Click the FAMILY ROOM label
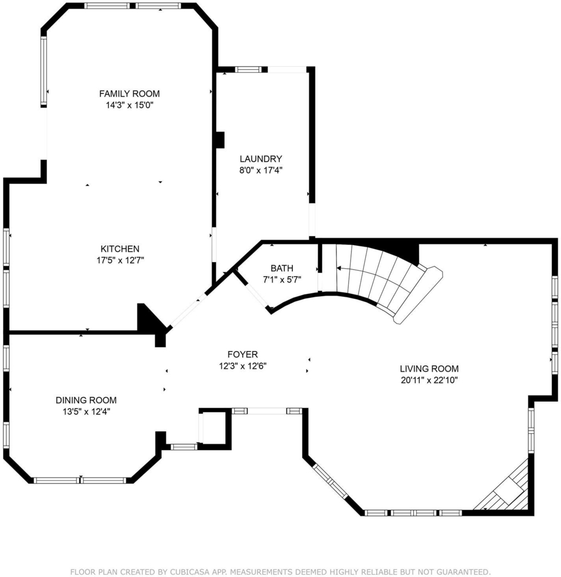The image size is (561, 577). click(130, 94)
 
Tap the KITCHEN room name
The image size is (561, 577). click(120, 248)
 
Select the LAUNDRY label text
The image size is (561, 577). click(261, 158)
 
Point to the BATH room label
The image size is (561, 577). click(282, 268)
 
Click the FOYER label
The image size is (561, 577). click(242, 354)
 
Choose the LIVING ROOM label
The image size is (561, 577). click(429, 369)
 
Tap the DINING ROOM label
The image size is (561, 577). click(86, 400)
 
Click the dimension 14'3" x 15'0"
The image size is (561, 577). click(130, 105)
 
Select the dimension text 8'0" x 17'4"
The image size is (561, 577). click(261, 170)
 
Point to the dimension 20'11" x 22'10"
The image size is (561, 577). click(429, 380)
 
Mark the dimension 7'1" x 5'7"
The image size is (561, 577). click(282, 279)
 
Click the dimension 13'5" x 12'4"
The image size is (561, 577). click(86, 411)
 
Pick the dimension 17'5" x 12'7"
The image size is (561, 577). click(121, 260)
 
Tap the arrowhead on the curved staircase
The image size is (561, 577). click(339, 268)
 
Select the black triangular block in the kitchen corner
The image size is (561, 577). click(147, 319)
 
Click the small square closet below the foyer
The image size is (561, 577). click(215, 429)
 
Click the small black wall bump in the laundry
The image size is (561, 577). click(220, 140)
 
